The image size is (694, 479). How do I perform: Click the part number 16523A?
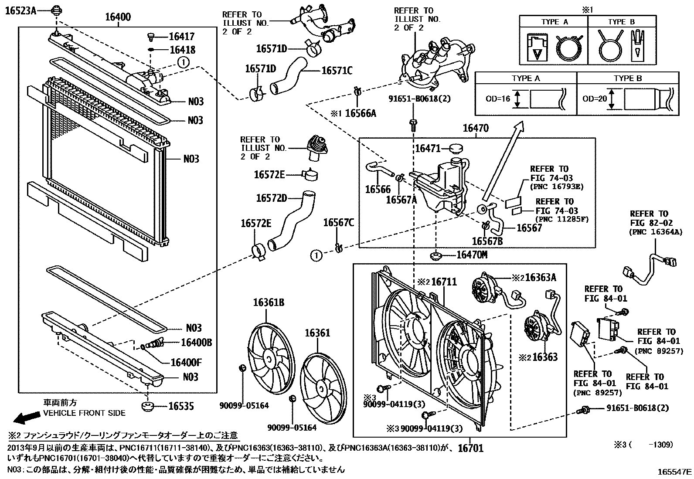tap(20, 11)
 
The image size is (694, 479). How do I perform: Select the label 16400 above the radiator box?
tap(118, 17)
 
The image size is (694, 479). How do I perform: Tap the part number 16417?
tap(182, 37)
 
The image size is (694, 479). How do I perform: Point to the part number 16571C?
tap(337, 70)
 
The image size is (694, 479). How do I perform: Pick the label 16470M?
tap(472, 255)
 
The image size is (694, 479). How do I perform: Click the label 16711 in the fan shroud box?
tap(444, 282)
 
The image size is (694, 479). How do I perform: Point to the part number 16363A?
tap(541, 277)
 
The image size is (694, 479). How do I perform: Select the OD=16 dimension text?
tap(497, 99)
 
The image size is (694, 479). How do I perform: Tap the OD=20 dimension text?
tap(595, 99)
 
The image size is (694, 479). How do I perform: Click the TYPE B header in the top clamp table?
tap(622, 22)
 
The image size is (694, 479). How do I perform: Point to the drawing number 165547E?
tap(675, 472)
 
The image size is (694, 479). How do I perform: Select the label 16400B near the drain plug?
tap(190, 343)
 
